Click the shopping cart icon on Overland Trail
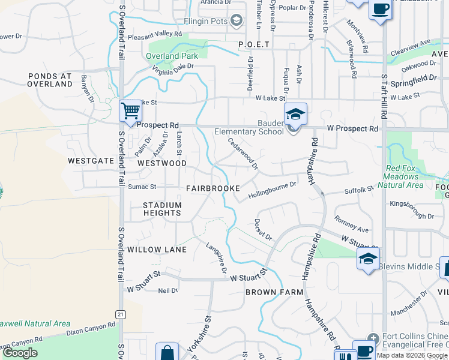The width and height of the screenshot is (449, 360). [130, 111]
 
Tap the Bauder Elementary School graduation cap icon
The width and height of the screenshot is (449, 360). [295, 113]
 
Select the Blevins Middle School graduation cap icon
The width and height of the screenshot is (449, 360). [368, 259]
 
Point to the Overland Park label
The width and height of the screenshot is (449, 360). [172, 56]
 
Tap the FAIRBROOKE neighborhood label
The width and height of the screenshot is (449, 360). [213, 188]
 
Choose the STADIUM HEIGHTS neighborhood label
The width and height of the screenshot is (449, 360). [162, 209]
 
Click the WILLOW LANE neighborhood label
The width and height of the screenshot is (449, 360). [157, 249]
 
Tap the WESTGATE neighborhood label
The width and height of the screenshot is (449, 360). [91, 161]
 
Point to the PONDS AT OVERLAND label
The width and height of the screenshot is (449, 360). [50, 80]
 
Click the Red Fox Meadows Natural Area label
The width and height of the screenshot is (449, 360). [411, 173]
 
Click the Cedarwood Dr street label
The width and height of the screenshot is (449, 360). [243, 152]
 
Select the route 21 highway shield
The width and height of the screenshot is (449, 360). [121, 314]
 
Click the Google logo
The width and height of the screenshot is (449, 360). [20, 353]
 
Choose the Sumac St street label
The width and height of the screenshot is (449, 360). [142, 187]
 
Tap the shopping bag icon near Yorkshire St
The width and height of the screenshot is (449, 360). [167, 353]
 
